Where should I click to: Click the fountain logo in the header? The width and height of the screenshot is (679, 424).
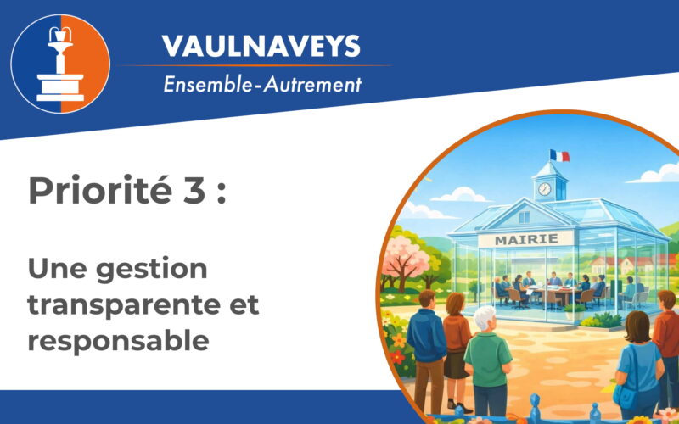tap(60, 64)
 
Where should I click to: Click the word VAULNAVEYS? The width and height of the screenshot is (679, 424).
tap(261, 46)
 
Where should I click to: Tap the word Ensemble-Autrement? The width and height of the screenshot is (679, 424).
tap(262, 85)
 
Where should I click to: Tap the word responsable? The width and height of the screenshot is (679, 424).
tap(118, 341)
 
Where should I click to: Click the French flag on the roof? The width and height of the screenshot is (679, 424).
tap(559, 156)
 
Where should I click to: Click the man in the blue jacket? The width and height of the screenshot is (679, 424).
tap(426, 336)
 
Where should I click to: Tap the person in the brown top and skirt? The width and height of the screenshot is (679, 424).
tap(456, 335)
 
